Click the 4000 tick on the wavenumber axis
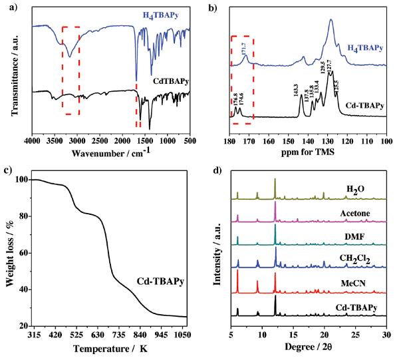32,141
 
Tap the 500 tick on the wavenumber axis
190,141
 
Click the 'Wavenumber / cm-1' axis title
109,152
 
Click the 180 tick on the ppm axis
230,141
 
